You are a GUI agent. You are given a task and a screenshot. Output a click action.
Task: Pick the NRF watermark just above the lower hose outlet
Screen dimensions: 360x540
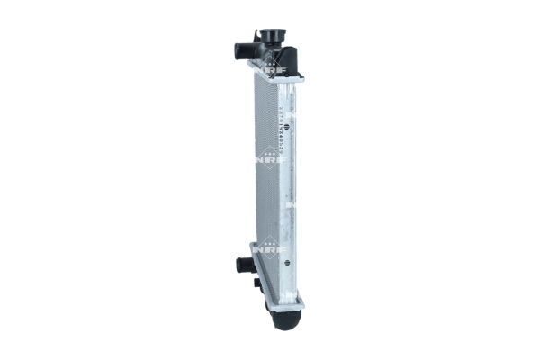[x=264, y=244]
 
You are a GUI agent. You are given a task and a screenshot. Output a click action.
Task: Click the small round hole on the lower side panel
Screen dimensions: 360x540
[x=284, y=264]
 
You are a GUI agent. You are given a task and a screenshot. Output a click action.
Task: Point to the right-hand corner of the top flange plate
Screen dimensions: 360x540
[x=301, y=79]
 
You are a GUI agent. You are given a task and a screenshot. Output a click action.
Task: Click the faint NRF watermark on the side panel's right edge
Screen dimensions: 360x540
[x=294, y=205]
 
